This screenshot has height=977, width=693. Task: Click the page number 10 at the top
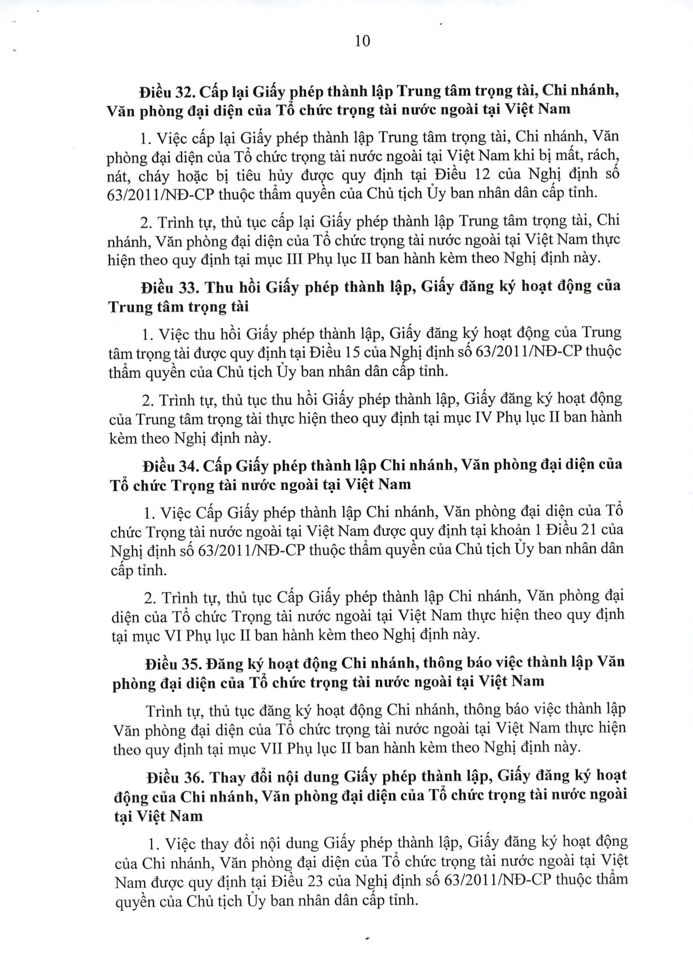[362, 41]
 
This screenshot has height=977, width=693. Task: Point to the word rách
[603, 155]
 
